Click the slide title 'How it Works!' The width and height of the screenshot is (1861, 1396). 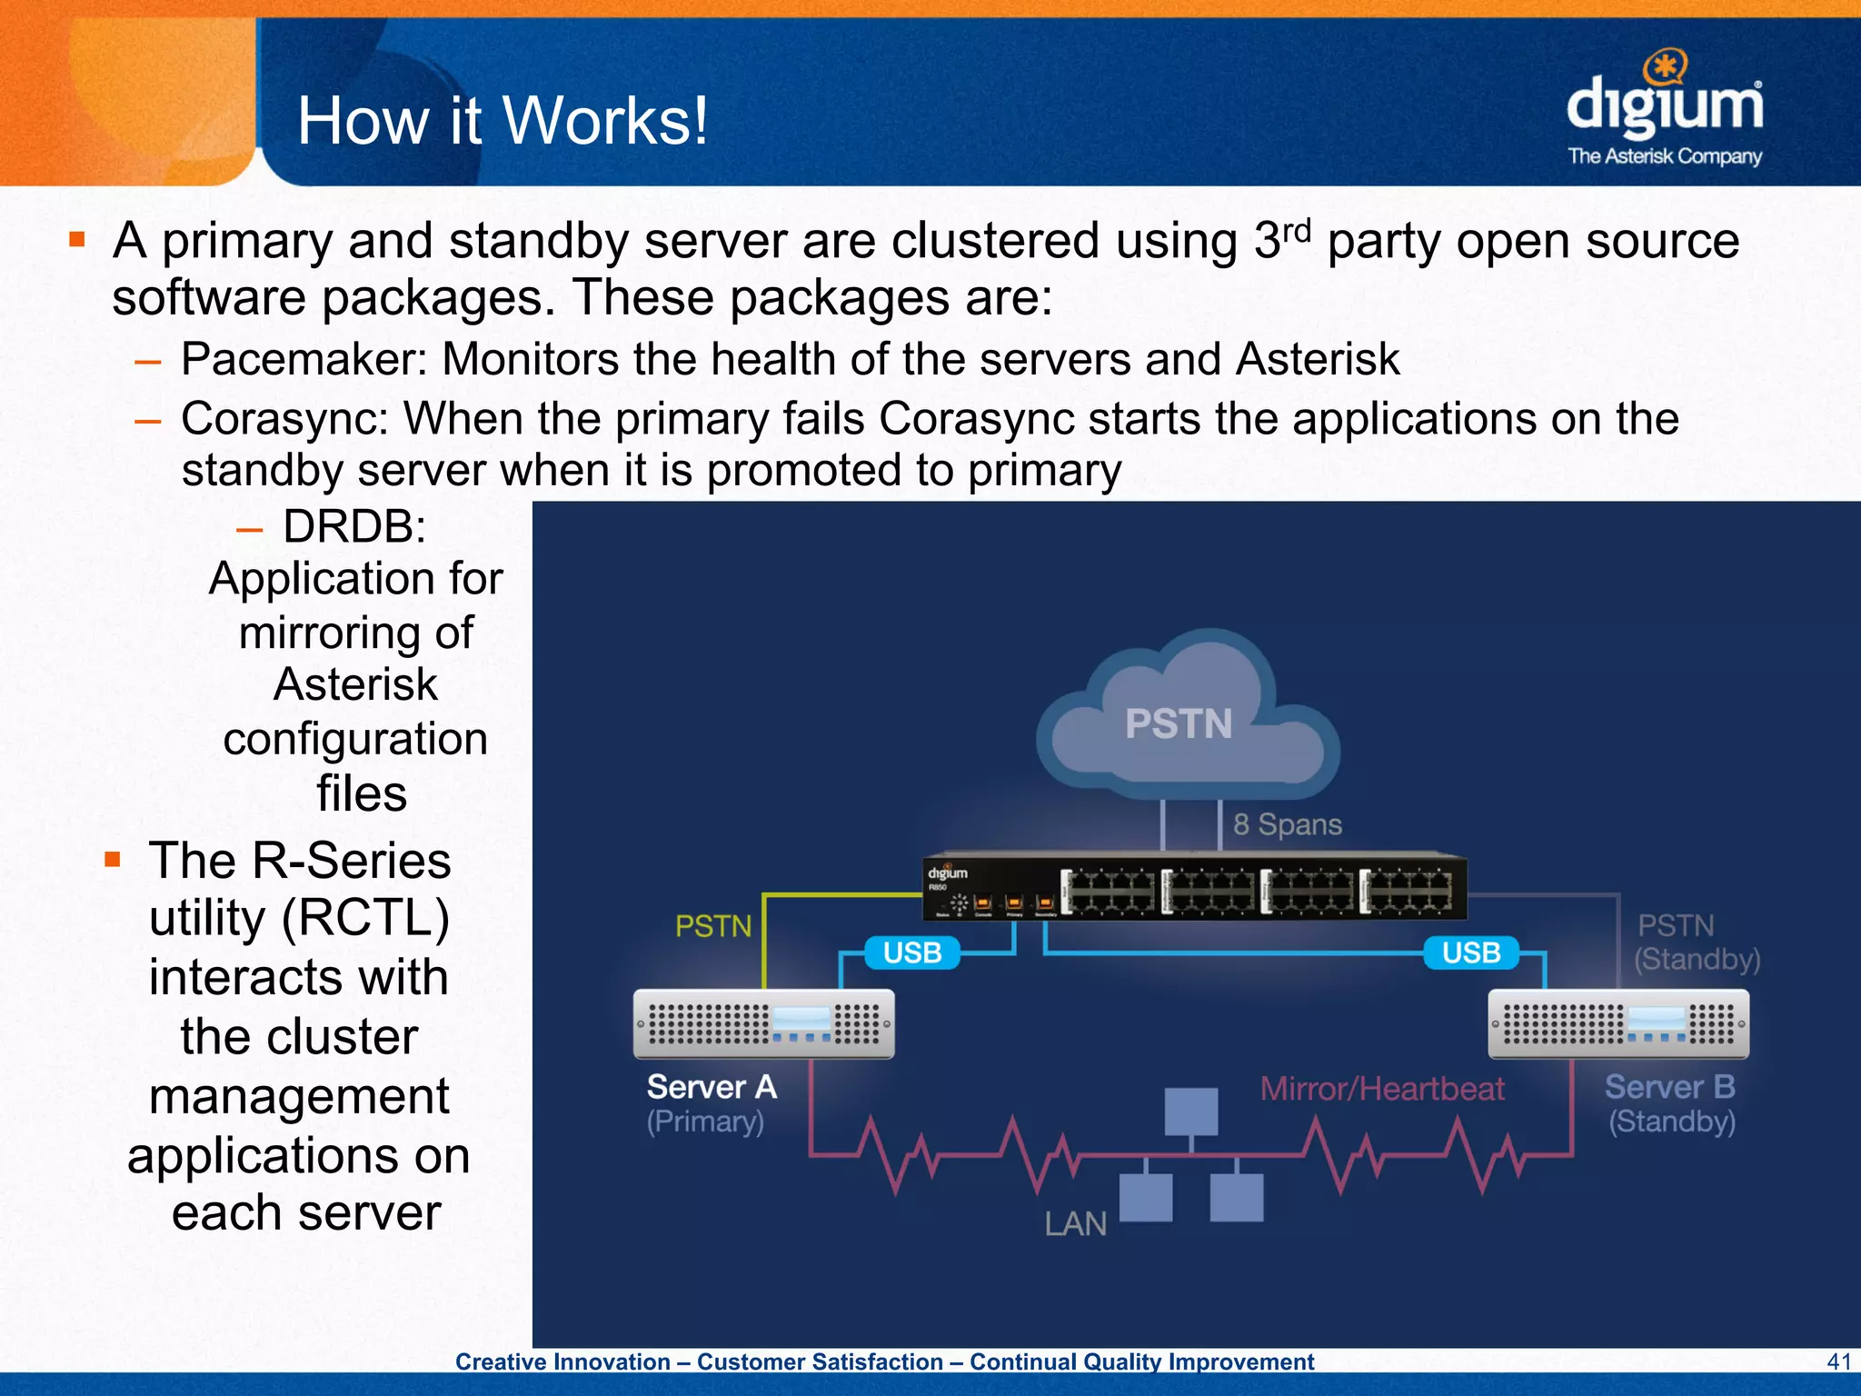pos(502,121)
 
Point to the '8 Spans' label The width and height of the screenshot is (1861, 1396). pos(1287,824)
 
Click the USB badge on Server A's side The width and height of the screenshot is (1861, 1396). pos(911,952)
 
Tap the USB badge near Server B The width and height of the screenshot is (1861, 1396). pos(1470,952)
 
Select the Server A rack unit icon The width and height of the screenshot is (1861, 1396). pos(763,1024)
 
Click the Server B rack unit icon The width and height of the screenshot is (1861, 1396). pos(1617,1024)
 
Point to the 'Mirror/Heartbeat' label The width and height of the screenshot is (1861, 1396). pos(1381,1088)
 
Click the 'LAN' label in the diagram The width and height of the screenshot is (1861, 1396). pos(1075,1224)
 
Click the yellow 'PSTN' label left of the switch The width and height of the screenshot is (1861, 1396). pos(713,926)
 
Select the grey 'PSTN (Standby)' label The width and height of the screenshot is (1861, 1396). pos(1696,942)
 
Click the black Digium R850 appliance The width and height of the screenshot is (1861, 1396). pos(1194,888)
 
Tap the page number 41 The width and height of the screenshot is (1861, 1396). pos(1838,1361)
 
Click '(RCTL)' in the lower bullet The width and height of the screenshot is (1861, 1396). pos(365,918)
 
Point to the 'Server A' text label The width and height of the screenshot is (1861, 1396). pos(712,1087)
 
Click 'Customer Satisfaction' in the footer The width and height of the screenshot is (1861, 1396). pos(820,1361)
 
